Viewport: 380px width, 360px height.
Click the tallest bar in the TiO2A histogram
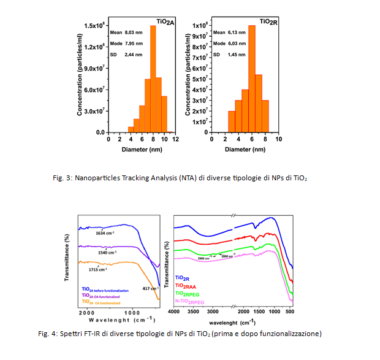153,80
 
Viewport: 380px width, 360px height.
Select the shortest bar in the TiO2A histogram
131,129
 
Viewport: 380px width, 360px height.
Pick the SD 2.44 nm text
126,55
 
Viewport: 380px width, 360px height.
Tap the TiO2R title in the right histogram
267,21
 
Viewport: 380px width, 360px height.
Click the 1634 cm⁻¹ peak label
103,233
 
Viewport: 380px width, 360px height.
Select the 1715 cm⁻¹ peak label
97,269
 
